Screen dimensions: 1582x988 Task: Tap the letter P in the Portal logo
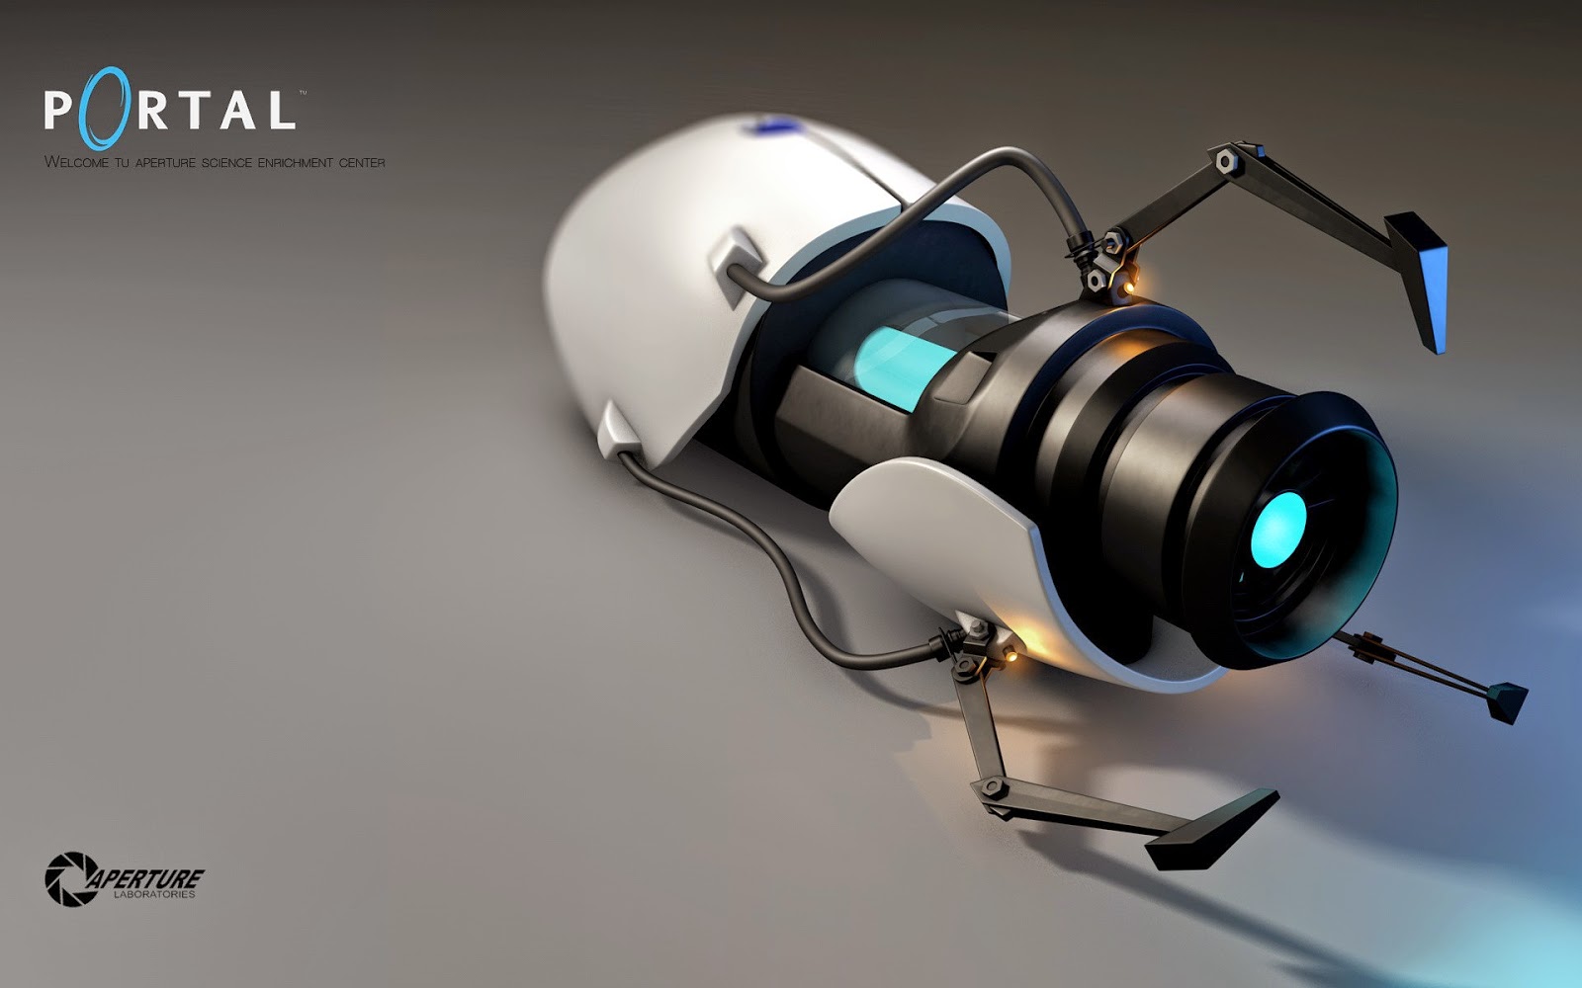[58, 110]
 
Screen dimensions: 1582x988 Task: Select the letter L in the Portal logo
[281, 110]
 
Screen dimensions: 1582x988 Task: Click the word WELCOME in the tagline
[76, 162]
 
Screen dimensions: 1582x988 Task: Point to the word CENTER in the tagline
[362, 163]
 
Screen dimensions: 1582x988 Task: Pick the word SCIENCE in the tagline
[226, 163]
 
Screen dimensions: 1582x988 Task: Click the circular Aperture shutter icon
[71, 878]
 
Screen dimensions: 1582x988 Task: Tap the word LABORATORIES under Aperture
[154, 895]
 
